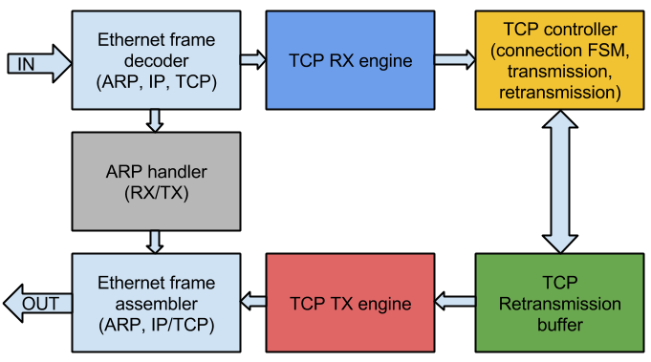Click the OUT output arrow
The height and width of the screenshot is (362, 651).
pos(35,304)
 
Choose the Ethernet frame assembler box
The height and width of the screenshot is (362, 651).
pos(156,303)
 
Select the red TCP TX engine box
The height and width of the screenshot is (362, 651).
pos(350,304)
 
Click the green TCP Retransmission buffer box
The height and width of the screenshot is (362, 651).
pos(558,304)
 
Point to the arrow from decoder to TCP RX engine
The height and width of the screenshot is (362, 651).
pos(252,60)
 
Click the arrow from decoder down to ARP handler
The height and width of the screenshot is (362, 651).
pos(156,120)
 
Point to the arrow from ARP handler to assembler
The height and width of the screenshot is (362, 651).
pos(156,242)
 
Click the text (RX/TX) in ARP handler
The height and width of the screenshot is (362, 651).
pos(156,193)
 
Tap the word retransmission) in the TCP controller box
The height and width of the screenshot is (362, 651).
pos(559,93)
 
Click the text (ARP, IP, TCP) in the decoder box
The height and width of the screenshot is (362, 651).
pos(156,83)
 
